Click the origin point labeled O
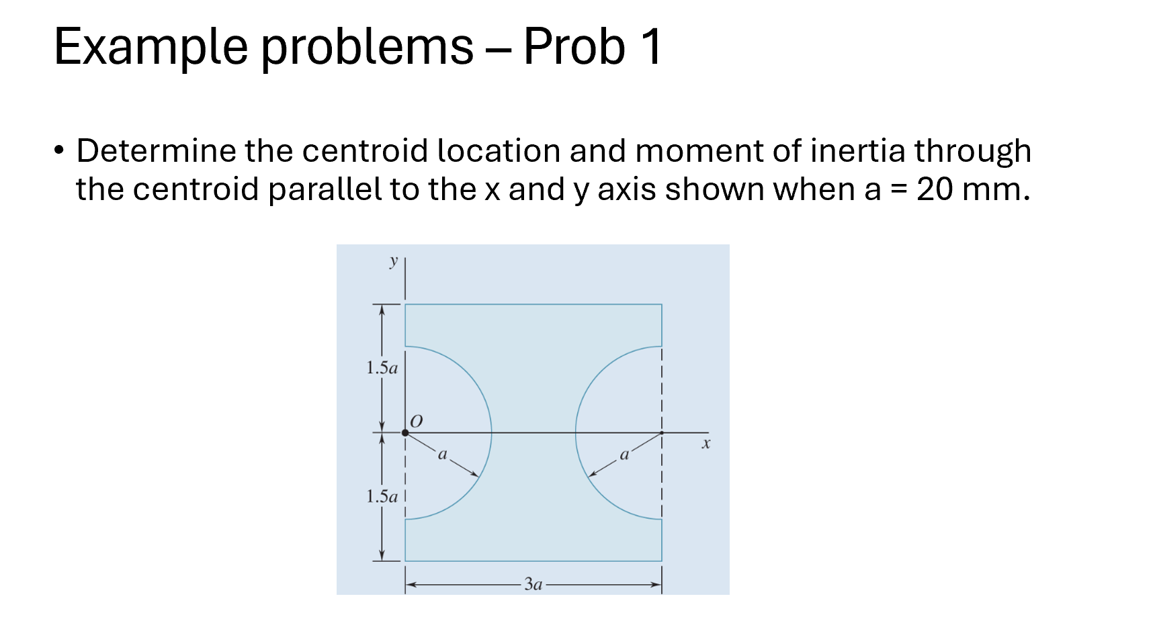pyautogui.click(x=405, y=433)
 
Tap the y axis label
pyautogui.click(x=394, y=260)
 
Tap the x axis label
pyautogui.click(x=705, y=444)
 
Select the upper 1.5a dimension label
pyautogui.click(x=382, y=368)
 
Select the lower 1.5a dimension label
pyautogui.click(x=382, y=497)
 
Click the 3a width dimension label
pyautogui.click(x=533, y=584)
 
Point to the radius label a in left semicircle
pyautogui.click(x=442, y=455)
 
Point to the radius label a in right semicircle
pyautogui.click(x=624, y=455)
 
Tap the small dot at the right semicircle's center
pyautogui.click(x=662, y=433)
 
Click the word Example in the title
pyautogui.click(x=151, y=47)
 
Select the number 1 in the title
pyautogui.click(x=650, y=47)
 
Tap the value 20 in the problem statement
pyautogui.click(x=935, y=189)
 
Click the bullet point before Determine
pyautogui.click(x=60, y=150)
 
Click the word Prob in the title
pyautogui.click(x=574, y=47)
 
